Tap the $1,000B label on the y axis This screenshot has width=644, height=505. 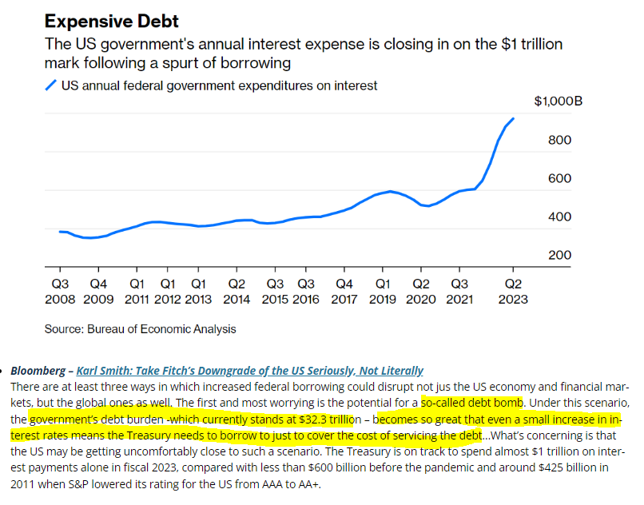pyautogui.click(x=558, y=102)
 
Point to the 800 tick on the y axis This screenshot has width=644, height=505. pyautogui.click(x=559, y=141)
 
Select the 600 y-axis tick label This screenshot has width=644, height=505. pyautogui.click(x=559, y=179)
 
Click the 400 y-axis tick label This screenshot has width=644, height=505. pyautogui.click(x=559, y=217)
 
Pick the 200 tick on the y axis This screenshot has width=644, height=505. pyautogui.click(x=559, y=256)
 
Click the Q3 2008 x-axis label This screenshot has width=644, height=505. pyautogui.click(x=61, y=292)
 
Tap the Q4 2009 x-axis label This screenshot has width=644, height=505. pyautogui.click(x=99, y=292)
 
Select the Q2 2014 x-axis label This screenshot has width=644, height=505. pyautogui.click(x=237, y=292)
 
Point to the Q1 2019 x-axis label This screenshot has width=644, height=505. pyautogui.click(x=383, y=292)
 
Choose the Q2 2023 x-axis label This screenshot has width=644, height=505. pyautogui.click(x=512, y=292)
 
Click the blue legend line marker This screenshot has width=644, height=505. pyautogui.click(x=52, y=85)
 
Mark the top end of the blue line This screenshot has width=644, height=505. pyautogui.click(x=513, y=119)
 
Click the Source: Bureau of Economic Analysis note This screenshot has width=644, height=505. pyautogui.click(x=140, y=328)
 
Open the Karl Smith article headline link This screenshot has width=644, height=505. pyautogui.click(x=249, y=371)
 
